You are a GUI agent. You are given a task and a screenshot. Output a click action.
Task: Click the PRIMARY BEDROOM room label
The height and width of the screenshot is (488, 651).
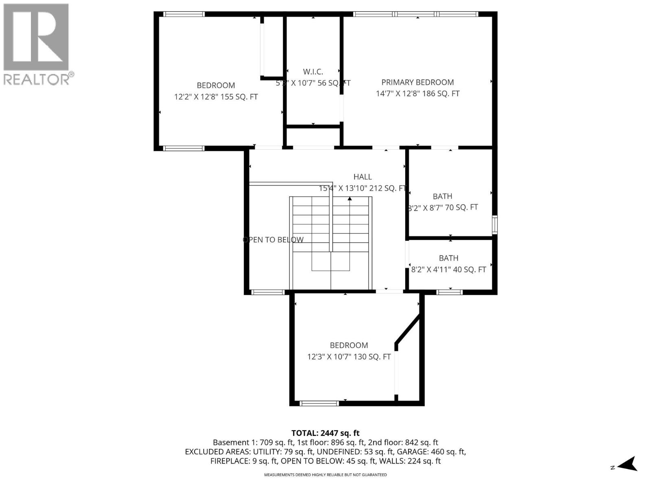(x=417, y=82)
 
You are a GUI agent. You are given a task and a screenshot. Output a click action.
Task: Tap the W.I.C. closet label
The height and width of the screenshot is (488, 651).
(x=313, y=72)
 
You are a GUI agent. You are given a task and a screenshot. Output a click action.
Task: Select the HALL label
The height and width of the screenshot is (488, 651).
(x=362, y=177)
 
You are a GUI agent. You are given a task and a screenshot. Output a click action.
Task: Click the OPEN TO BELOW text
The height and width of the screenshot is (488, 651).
(x=273, y=240)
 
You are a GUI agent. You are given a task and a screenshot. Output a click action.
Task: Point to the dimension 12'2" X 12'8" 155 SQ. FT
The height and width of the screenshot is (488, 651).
(x=216, y=97)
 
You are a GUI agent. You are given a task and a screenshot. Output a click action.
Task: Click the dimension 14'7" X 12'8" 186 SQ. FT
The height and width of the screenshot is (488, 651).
(x=417, y=94)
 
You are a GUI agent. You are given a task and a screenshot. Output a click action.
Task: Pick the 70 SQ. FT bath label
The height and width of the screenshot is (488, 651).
(x=443, y=207)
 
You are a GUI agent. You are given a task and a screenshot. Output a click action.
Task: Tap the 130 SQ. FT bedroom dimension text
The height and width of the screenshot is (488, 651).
(x=349, y=357)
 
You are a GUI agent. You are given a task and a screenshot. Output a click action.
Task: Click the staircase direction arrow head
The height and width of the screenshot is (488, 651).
(x=350, y=199)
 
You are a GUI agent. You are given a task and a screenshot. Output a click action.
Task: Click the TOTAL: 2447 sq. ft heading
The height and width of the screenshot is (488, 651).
(x=325, y=434)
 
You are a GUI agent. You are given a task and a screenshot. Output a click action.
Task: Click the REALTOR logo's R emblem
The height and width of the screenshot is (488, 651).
(x=36, y=37)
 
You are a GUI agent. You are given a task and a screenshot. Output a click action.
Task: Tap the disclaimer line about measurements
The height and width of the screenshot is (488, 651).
(x=325, y=475)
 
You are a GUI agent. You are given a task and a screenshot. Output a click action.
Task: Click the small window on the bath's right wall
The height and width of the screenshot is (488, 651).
(x=494, y=224)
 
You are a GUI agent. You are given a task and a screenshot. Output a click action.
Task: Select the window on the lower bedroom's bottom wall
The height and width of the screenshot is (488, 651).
(x=319, y=403)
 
